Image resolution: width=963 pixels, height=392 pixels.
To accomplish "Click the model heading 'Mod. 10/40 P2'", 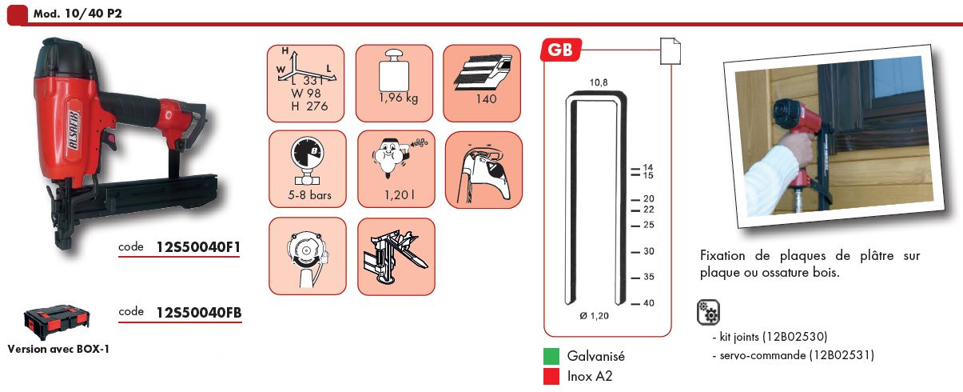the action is point(78,14).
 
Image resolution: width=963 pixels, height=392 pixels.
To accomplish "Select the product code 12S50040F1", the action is point(198,247).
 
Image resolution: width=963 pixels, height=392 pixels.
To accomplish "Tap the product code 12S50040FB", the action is point(199,312).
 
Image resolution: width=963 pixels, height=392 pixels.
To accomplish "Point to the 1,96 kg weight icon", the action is point(394,83).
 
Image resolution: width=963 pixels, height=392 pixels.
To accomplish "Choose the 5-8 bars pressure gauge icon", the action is point(308,169).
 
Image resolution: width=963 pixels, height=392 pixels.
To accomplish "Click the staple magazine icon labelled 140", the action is point(482,83).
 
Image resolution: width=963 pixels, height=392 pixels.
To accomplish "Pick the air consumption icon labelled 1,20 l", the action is point(396,169).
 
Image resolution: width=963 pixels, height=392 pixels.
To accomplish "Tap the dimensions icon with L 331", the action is point(305,83).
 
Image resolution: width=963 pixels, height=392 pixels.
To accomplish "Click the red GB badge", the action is point(560,50).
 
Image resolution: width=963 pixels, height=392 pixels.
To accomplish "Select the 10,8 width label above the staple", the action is point(599,82).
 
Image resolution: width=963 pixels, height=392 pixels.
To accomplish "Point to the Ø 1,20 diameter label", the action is point(594,316).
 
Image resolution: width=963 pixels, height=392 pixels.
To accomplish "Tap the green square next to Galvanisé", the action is point(551,356).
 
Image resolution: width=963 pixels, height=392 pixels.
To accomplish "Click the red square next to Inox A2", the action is point(551,376).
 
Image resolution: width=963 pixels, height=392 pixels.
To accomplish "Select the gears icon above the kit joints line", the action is point(708,312).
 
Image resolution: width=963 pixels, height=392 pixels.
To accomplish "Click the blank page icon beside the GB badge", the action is point(671,51).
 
